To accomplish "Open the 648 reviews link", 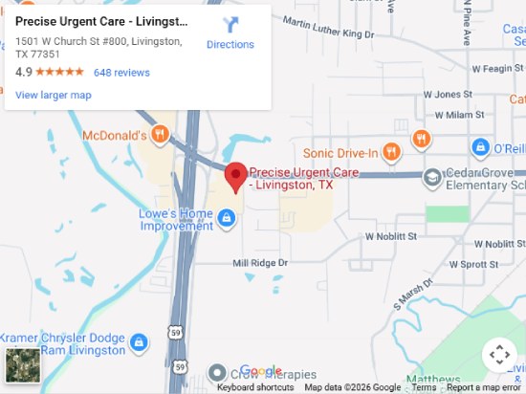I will pyautogui.click(x=121, y=73).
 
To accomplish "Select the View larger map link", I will pyautogui.click(x=54, y=95).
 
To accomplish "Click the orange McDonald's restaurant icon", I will pyautogui.click(x=162, y=136).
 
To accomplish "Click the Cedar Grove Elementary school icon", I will pyautogui.click(x=433, y=177).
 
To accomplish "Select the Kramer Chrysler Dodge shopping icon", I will pyautogui.click(x=139, y=341).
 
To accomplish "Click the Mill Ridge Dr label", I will pyautogui.click(x=260, y=262).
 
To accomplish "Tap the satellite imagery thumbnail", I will pyautogui.click(x=21, y=365).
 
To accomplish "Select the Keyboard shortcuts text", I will pyautogui.click(x=255, y=387).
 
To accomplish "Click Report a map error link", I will pyautogui.click(x=484, y=387).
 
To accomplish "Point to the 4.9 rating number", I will pyautogui.click(x=23, y=73).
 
